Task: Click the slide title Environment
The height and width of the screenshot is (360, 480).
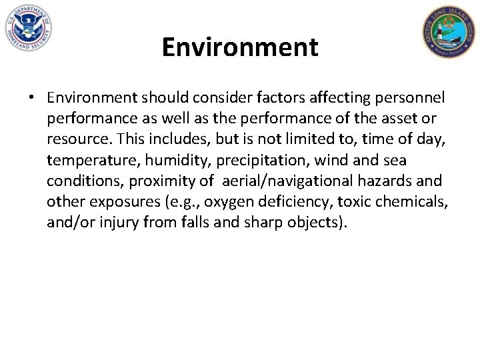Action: coord(240,47)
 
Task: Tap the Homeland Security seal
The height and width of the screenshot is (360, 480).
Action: coord(27,28)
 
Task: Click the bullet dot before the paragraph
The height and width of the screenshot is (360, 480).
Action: coord(32,98)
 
